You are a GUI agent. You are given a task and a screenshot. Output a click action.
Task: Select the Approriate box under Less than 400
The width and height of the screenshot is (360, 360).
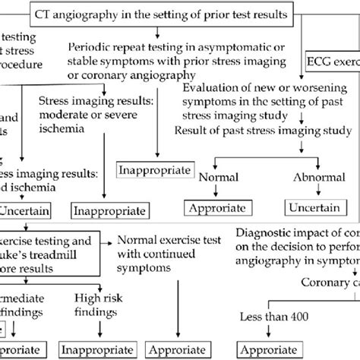click(265, 352)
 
